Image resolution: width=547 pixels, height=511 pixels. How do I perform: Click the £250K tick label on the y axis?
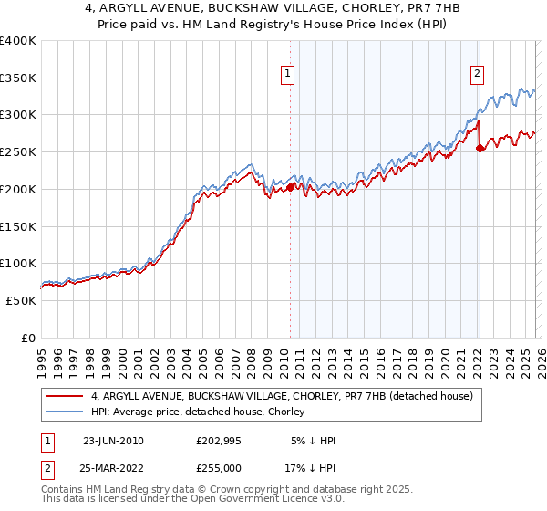tap(18, 152)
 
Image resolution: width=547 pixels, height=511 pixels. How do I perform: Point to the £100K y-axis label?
tap(18, 263)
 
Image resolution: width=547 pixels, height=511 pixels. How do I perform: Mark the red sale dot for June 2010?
tap(291, 187)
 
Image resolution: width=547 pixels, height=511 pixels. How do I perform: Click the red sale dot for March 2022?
tap(480, 149)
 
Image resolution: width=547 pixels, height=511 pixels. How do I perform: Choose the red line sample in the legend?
tap(67, 397)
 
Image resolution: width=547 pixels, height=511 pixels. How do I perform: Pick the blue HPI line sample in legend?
tap(67, 412)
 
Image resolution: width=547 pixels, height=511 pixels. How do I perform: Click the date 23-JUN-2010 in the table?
tap(113, 441)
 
